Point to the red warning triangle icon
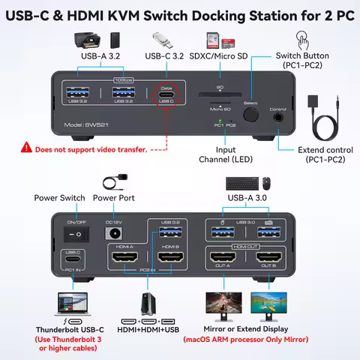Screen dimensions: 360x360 click(28, 148)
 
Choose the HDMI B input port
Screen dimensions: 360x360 click(170, 259)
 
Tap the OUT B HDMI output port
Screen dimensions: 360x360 click(269, 259)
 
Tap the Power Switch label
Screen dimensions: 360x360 click(58, 198)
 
